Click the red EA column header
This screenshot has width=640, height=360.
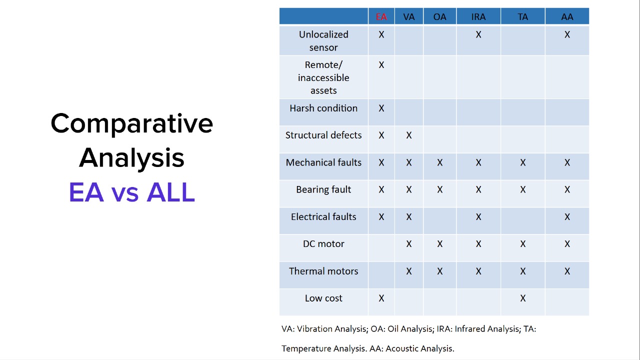[x=381, y=17]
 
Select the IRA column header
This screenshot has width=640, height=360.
[x=478, y=17]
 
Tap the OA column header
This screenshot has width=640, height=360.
[x=439, y=17]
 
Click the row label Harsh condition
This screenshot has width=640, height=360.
[x=323, y=108]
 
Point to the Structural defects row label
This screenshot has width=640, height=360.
[x=323, y=135]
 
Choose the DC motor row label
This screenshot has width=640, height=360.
[x=323, y=243]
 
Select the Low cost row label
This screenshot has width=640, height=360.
[x=323, y=298]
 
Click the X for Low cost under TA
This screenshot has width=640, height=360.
[x=523, y=298]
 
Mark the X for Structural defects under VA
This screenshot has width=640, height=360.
[x=409, y=135]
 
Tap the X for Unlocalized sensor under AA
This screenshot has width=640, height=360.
[x=567, y=34]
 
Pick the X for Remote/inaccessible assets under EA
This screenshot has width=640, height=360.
[x=381, y=65]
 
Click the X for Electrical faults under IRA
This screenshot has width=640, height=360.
[x=478, y=217]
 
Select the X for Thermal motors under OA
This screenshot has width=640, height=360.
[x=439, y=271]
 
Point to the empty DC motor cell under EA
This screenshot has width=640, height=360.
[x=381, y=247]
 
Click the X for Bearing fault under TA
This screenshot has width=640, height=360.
[x=523, y=189]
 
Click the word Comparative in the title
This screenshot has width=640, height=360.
[x=131, y=123]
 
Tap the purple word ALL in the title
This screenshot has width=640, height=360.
[x=170, y=192]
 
